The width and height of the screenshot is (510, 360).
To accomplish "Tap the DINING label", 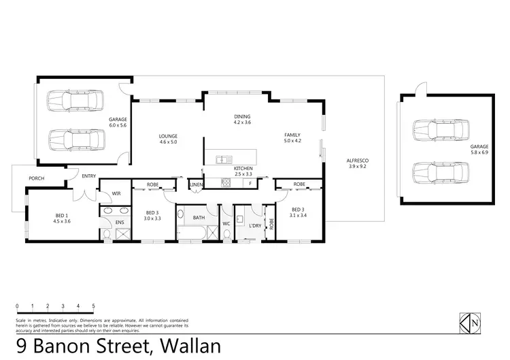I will click(243, 116).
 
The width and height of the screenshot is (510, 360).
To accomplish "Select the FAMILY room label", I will click(292, 135).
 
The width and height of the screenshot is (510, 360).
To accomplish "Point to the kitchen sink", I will click(222, 160).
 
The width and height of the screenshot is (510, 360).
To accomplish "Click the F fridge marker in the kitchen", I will click(250, 184).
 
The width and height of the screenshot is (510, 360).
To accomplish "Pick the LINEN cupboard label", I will click(197, 184).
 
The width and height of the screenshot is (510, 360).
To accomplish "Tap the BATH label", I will click(199, 218).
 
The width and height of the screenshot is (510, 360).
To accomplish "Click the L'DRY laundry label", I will click(256, 225).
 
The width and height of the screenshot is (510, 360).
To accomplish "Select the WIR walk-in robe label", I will click(116, 194).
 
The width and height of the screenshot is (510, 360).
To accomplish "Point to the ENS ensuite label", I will click(120, 222).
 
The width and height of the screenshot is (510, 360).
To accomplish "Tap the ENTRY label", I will click(88, 176).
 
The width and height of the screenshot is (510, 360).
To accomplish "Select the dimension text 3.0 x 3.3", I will click(153, 219).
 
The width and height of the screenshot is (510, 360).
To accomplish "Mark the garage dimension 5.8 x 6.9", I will click(479, 152).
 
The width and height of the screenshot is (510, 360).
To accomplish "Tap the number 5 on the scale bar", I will click(93, 306).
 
